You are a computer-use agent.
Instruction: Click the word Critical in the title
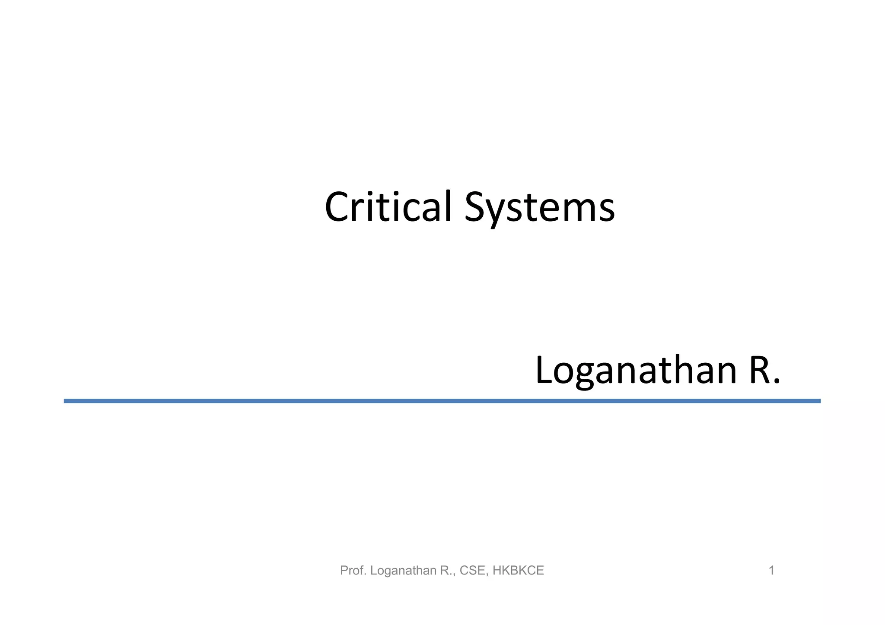(388, 207)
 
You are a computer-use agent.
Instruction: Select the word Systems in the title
(539, 208)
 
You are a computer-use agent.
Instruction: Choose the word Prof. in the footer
(353, 571)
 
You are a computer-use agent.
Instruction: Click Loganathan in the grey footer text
(403, 571)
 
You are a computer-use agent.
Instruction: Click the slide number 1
(771, 571)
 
